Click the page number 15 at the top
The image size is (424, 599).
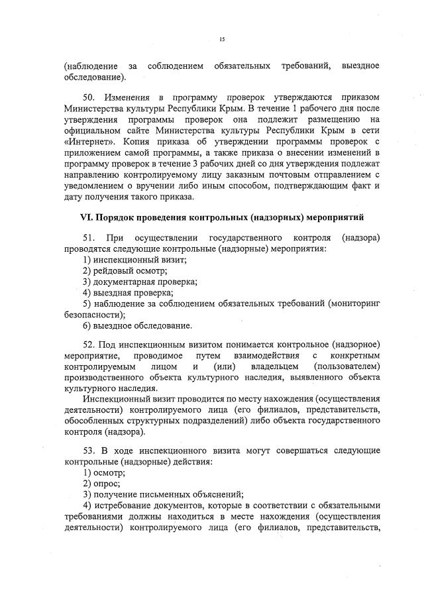222,40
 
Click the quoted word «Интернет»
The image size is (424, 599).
87,141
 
